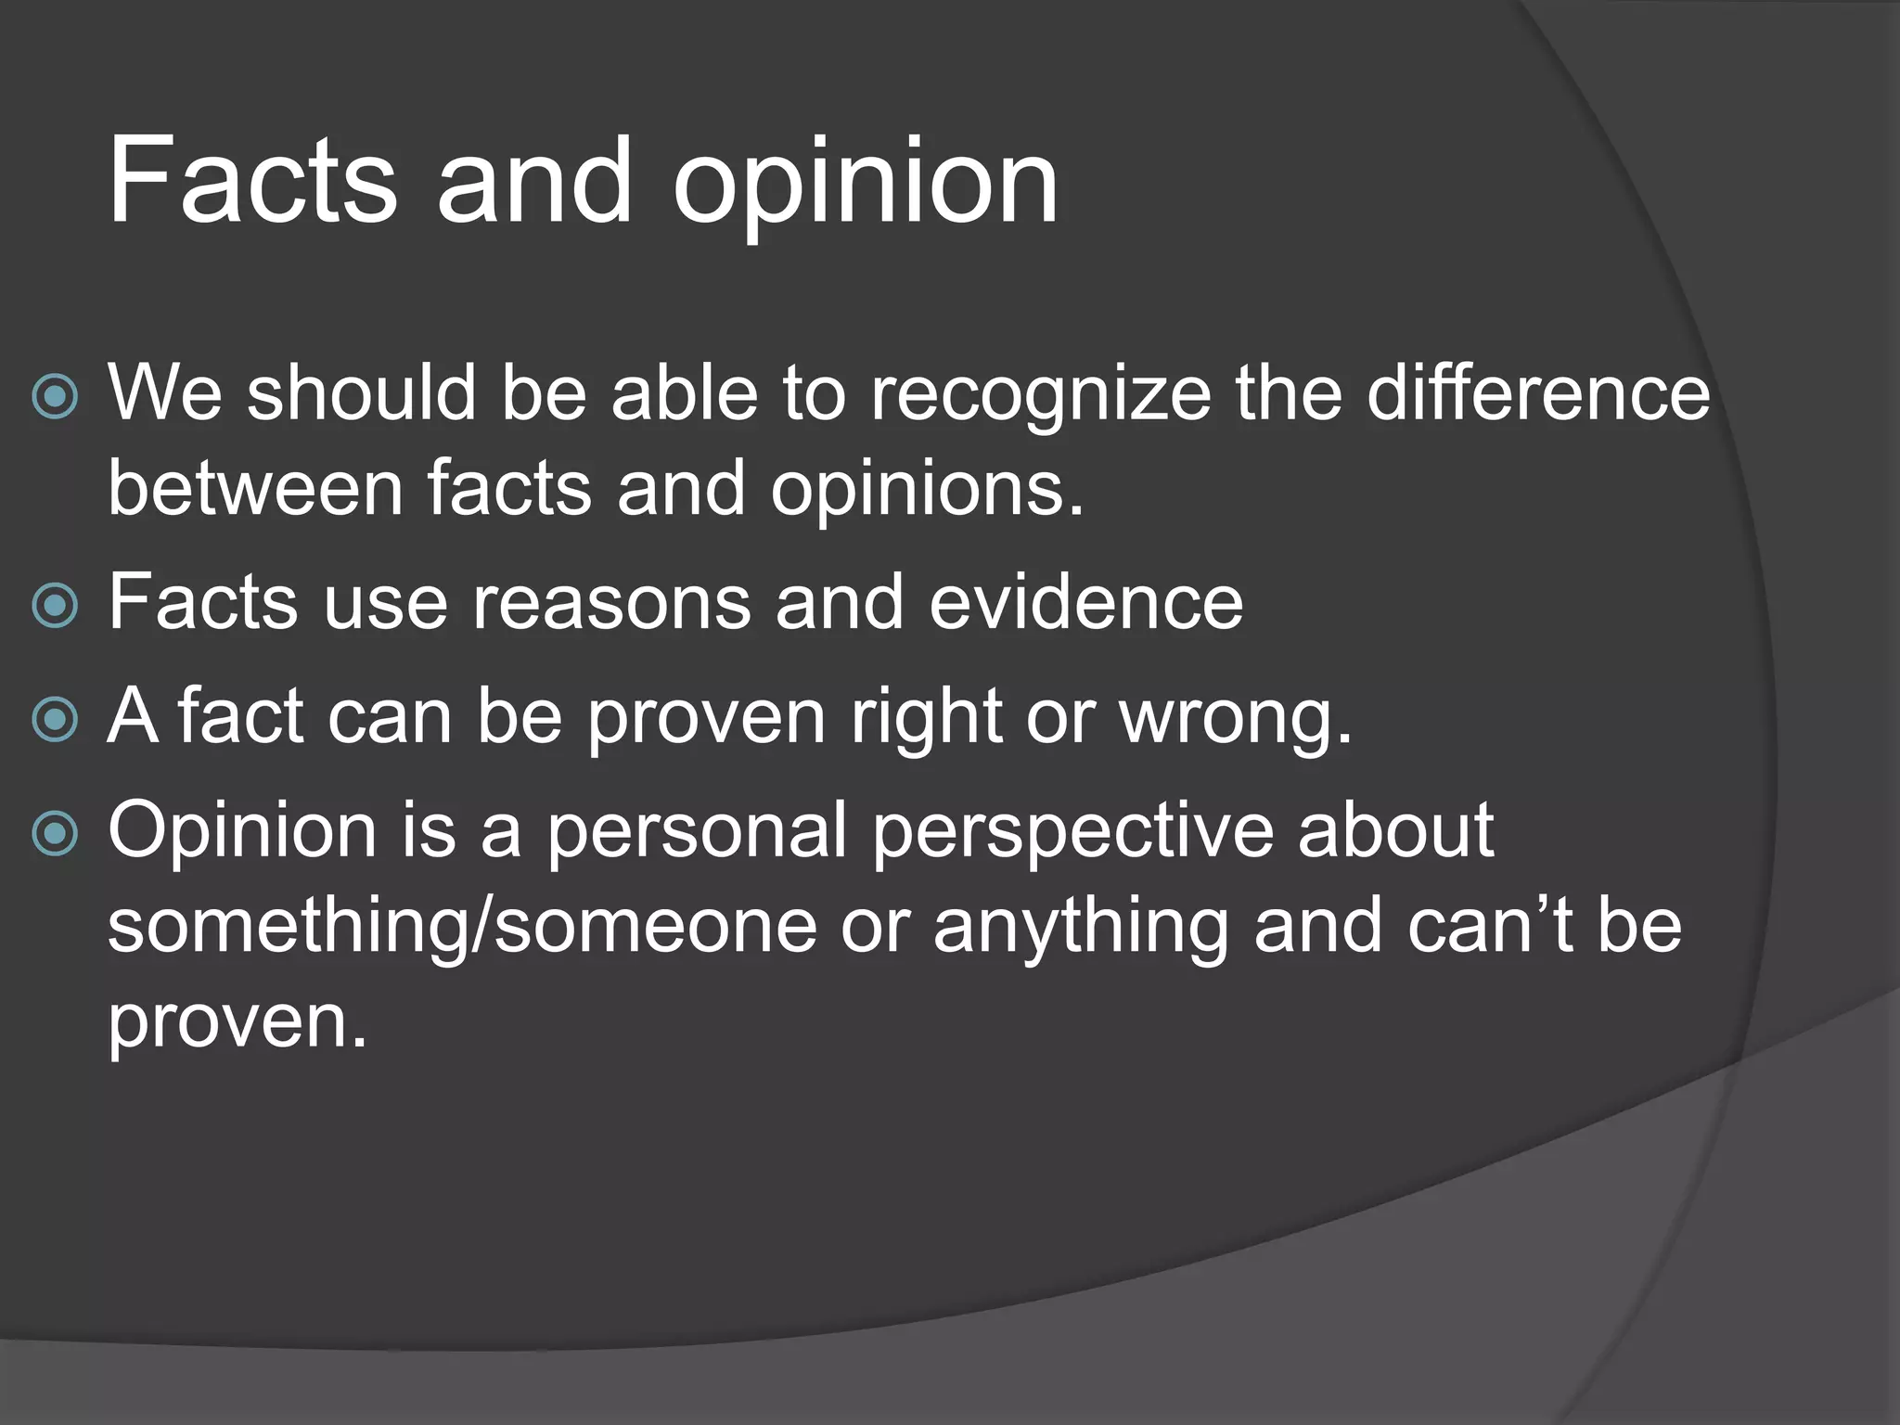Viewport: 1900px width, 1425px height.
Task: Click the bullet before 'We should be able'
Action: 55,397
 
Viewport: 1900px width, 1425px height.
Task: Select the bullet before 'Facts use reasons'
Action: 55,606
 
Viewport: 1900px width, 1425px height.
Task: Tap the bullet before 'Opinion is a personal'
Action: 55,834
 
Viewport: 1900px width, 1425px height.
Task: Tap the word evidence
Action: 1085,603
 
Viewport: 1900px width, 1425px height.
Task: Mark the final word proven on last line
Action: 237,1024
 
